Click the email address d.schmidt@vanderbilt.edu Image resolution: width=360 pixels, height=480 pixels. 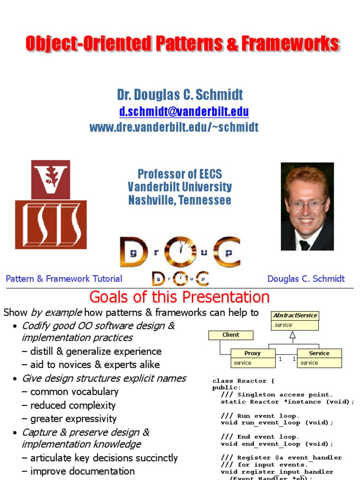point(184,112)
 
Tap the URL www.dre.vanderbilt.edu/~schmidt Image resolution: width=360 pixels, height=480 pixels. point(173,127)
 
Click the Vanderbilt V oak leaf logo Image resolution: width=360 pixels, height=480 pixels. point(51,179)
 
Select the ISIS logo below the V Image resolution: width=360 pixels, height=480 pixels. point(51,225)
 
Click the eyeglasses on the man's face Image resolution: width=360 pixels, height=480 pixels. point(307,205)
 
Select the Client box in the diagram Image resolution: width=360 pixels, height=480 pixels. point(231,335)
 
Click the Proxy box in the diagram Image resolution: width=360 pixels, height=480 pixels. point(253,358)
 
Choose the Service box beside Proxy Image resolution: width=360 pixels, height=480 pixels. point(319,358)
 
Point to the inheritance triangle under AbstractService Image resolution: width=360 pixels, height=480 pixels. point(292,335)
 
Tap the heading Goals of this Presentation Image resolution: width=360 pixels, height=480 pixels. point(180,297)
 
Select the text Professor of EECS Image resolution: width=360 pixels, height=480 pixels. point(180,174)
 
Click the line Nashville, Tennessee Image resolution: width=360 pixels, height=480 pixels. point(180,200)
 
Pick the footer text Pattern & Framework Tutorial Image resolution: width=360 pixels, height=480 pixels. point(64,279)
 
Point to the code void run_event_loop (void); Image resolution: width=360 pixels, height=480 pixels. point(277,422)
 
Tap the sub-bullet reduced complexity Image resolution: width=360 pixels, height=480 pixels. point(73,405)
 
